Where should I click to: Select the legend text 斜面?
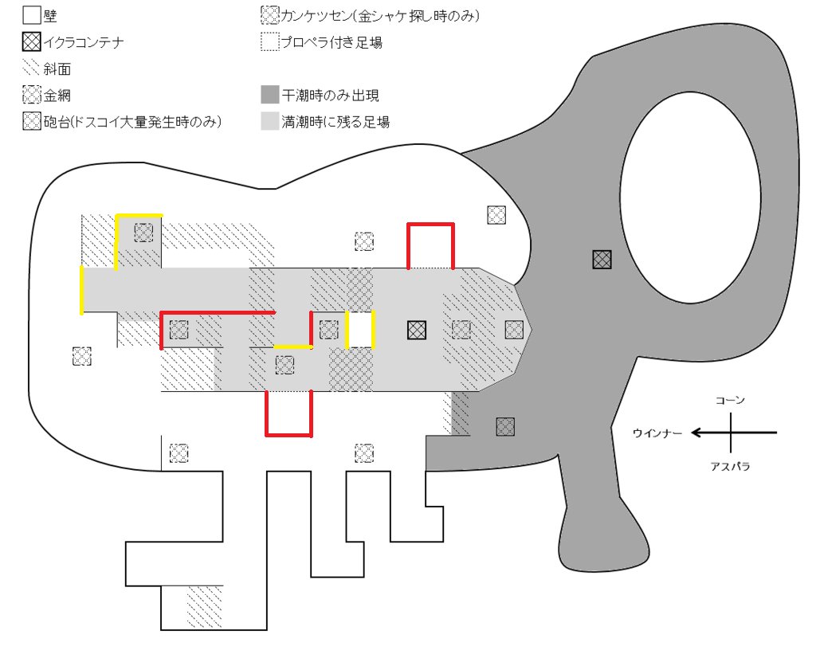click(57, 69)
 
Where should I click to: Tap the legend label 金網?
click(57, 96)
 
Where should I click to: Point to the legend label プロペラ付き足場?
click(332, 42)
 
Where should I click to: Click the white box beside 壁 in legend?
click(31, 15)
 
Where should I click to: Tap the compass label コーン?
click(730, 400)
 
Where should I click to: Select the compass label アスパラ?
click(730, 466)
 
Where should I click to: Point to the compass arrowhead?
click(696, 433)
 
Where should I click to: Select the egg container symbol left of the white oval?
click(602, 259)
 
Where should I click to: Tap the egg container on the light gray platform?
click(415, 329)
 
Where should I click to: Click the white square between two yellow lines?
click(360, 330)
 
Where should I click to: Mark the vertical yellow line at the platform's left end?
click(81, 290)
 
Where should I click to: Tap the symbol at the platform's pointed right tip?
click(514, 329)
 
